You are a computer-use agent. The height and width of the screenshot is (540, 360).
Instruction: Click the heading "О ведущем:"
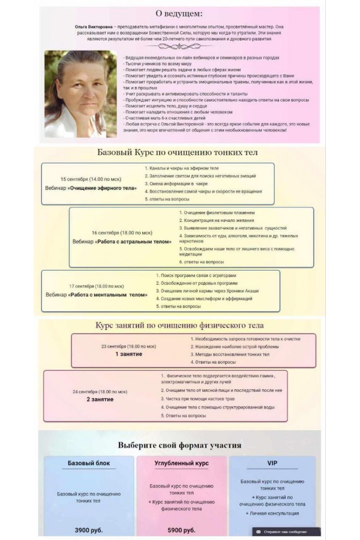pos(179,13)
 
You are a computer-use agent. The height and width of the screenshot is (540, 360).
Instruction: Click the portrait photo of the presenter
pos(81,94)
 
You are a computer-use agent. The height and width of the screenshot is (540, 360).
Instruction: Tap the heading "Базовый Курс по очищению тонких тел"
pos(177,152)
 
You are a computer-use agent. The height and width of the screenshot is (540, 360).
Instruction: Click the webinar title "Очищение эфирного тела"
pos(102,188)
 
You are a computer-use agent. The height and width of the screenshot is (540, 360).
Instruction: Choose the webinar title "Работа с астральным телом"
pos(134,242)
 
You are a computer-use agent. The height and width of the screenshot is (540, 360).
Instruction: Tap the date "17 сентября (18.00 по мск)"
pos(96,286)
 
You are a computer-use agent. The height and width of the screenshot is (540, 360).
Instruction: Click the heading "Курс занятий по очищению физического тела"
pos(180,325)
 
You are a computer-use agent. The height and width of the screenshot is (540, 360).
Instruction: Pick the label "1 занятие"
pos(128,354)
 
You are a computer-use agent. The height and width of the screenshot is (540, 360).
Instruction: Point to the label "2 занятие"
pos(99,399)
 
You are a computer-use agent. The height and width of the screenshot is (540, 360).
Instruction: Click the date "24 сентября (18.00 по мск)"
pos(100,391)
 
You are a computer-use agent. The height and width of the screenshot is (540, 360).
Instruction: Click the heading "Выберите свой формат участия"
pos(180,445)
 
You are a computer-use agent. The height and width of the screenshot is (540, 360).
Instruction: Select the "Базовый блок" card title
pos(89,463)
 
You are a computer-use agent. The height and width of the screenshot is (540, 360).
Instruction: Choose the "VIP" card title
pos(272,462)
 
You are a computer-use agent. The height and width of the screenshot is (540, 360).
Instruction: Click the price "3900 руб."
pos(89,529)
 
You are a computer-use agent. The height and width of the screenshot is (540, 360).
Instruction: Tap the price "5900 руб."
pos(181,529)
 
